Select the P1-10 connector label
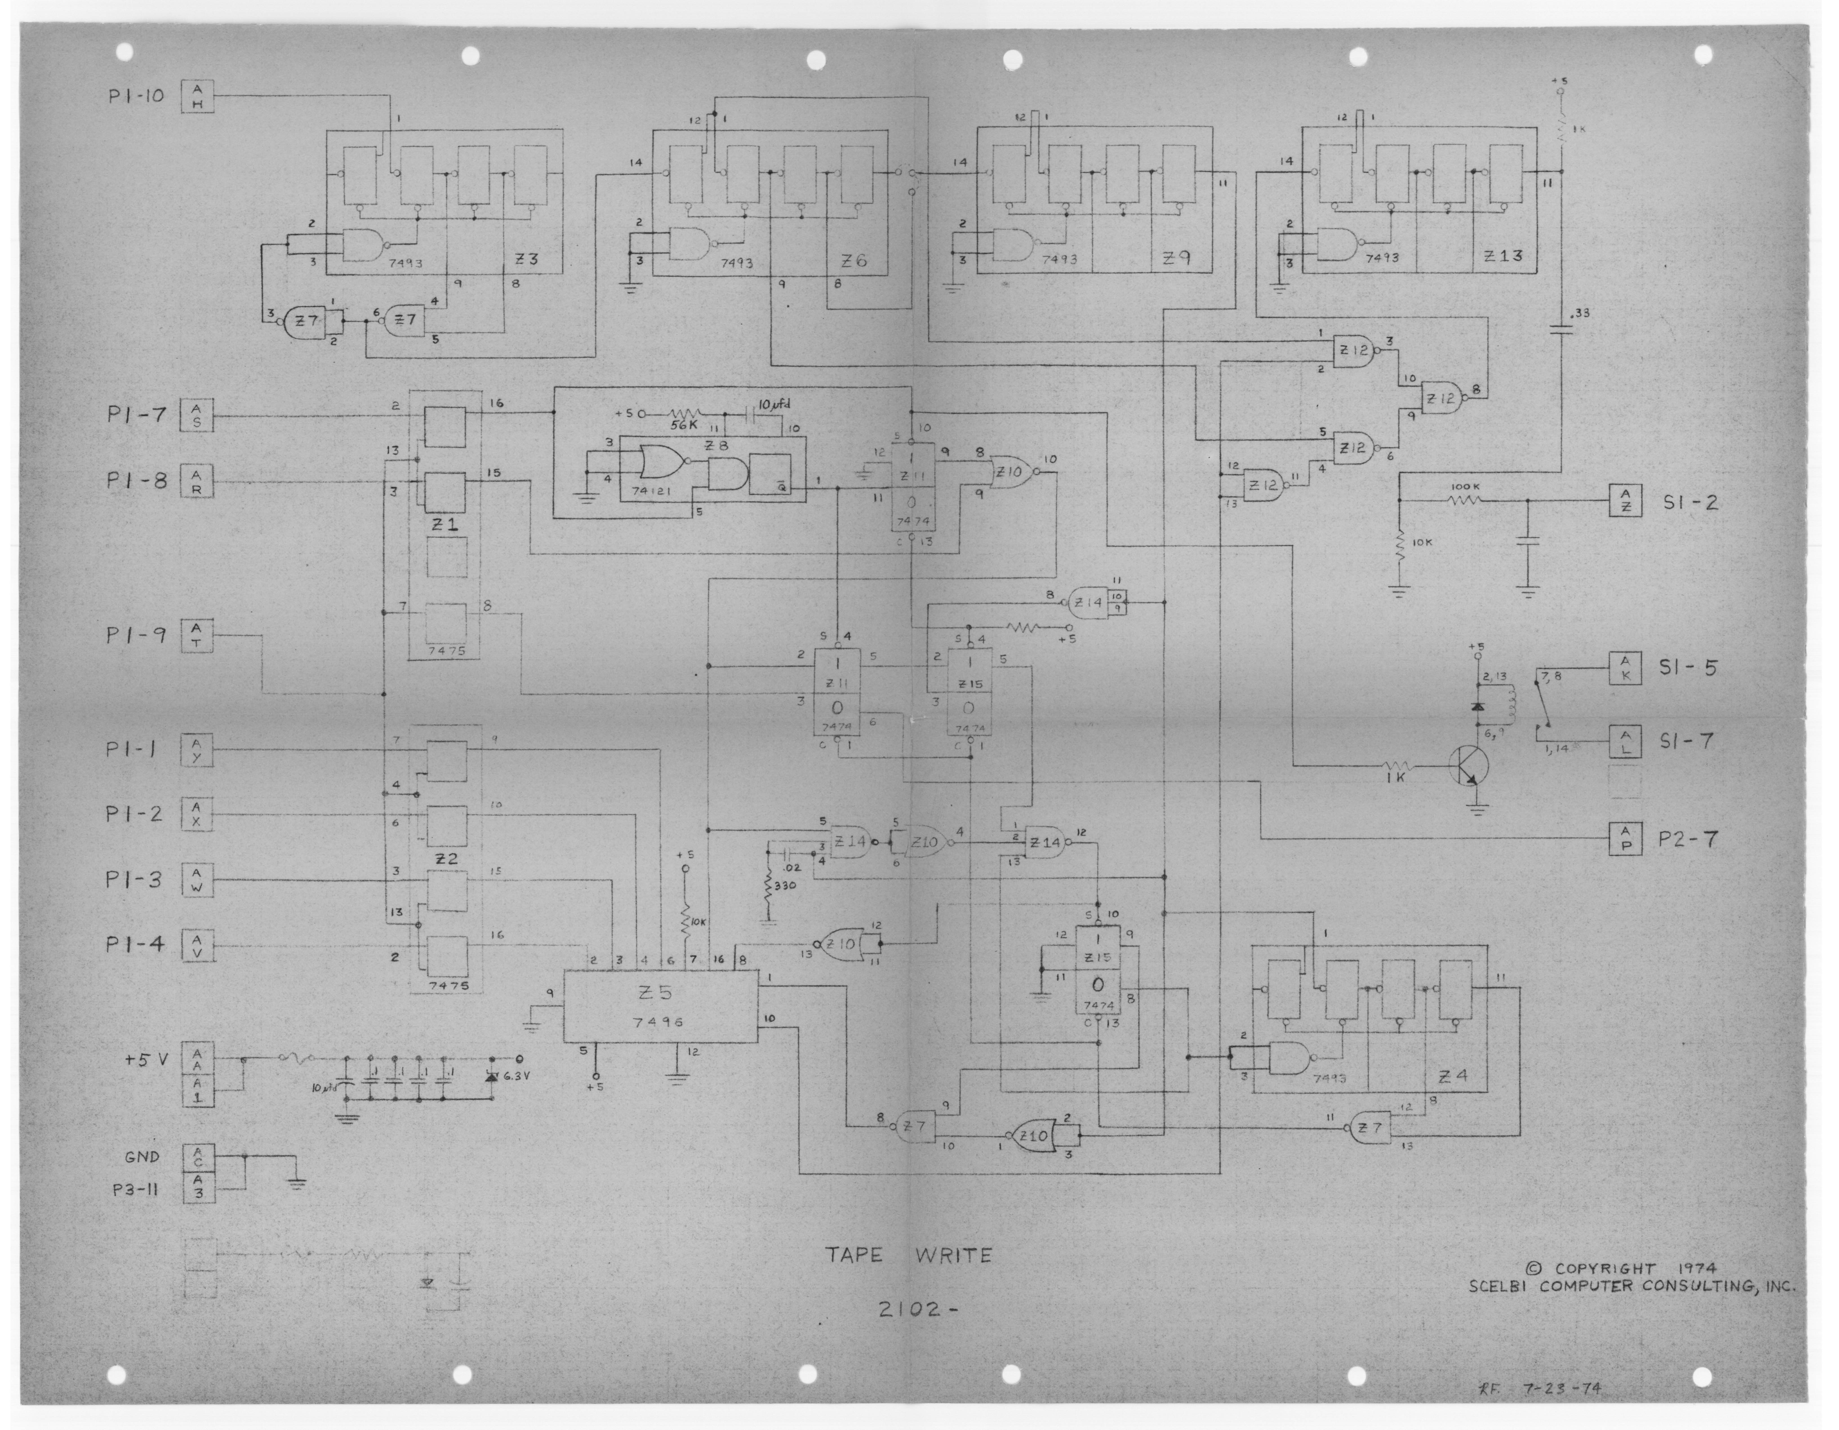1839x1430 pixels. point(135,96)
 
